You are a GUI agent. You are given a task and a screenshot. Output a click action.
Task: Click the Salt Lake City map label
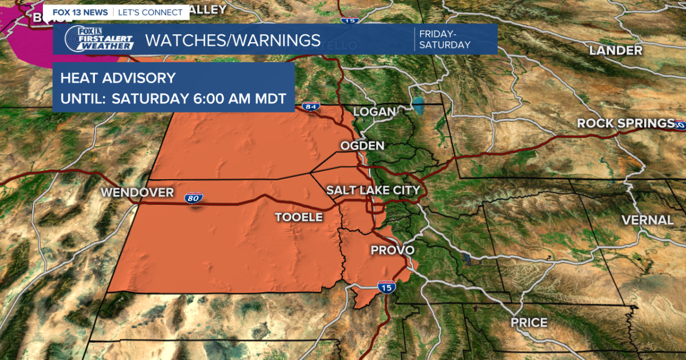click(x=373, y=190)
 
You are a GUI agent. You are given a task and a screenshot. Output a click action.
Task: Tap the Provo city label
click(x=392, y=250)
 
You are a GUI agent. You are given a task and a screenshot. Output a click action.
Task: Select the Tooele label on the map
click(x=299, y=217)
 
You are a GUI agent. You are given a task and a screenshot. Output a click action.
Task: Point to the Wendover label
click(x=137, y=193)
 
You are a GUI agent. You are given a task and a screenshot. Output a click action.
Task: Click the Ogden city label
click(x=362, y=146)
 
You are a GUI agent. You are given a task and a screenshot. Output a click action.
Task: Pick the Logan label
click(x=374, y=112)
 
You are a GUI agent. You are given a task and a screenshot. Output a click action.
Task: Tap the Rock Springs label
click(x=625, y=123)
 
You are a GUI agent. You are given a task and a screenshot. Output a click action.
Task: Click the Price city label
click(x=529, y=323)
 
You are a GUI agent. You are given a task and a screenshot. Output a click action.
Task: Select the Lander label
click(x=616, y=50)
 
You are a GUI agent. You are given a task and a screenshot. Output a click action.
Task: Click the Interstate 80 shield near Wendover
click(x=193, y=199)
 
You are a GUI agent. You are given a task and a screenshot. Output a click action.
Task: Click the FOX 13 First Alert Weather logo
click(x=99, y=39)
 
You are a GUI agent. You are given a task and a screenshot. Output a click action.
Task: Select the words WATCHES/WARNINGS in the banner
click(x=233, y=40)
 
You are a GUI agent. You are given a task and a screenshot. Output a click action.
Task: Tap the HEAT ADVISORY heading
click(x=118, y=78)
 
